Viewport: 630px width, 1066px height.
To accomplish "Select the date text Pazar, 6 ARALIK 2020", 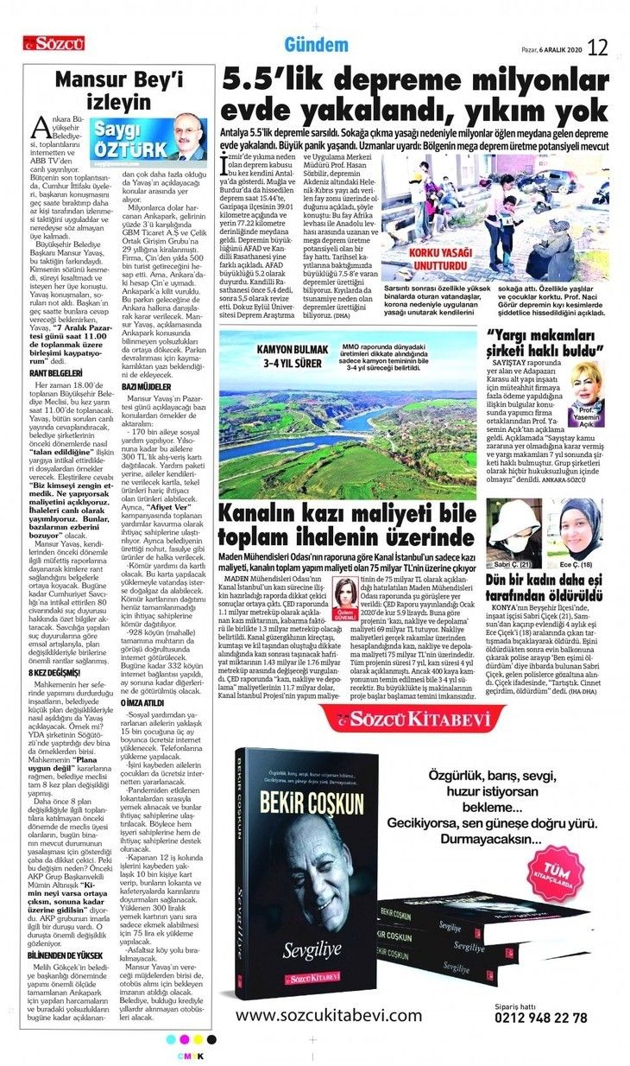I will click(553, 49).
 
